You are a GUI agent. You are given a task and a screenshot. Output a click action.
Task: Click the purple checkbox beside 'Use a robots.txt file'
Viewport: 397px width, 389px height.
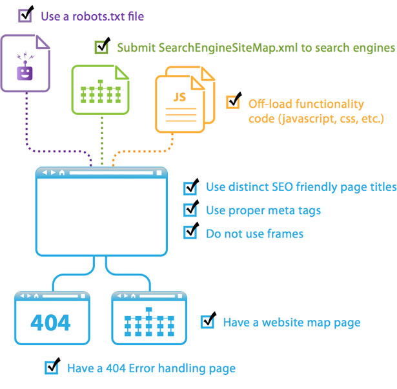click(25, 15)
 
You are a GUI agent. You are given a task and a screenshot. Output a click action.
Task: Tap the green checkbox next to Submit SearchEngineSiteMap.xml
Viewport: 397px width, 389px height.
click(101, 47)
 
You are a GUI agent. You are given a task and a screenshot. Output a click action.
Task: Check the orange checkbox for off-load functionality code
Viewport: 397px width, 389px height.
click(232, 103)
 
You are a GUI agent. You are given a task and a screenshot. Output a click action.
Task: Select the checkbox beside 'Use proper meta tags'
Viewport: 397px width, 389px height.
click(190, 211)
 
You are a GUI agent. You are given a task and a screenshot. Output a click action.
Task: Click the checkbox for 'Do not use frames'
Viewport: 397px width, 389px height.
click(190, 232)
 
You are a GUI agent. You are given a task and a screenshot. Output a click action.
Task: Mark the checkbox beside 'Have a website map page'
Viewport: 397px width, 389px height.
click(207, 321)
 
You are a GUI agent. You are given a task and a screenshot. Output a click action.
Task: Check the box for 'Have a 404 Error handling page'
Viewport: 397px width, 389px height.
click(52, 368)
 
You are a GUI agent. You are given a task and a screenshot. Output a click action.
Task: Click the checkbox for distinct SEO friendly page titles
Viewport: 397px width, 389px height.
click(190, 188)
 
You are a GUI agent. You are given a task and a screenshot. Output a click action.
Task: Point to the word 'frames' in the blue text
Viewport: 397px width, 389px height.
click(285, 233)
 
